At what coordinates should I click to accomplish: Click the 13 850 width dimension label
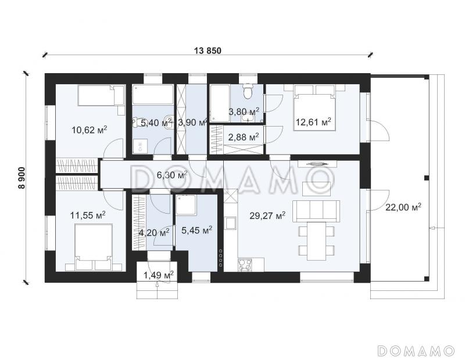[208, 51]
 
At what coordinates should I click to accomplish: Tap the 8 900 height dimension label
[22, 178]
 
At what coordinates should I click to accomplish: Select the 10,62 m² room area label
[90, 129]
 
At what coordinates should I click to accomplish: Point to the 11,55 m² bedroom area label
[88, 215]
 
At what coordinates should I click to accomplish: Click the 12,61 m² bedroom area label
[313, 121]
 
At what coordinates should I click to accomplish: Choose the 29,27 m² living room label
[267, 215]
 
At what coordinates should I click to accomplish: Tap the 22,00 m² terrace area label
[403, 207]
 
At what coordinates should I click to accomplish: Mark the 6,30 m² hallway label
[172, 175]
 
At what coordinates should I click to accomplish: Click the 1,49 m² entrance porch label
[159, 275]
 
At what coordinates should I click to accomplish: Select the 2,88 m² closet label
[244, 137]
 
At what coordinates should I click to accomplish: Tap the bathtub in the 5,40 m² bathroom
[153, 95]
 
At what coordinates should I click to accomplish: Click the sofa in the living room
[316, 211]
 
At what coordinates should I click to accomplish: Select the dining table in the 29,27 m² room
[316, 241]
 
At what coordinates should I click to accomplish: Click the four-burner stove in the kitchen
[245, 265]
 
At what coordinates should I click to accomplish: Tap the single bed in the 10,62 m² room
[101, 95]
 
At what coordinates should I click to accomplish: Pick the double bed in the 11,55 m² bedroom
[94, 247]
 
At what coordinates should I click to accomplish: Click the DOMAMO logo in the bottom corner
[416, 351]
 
